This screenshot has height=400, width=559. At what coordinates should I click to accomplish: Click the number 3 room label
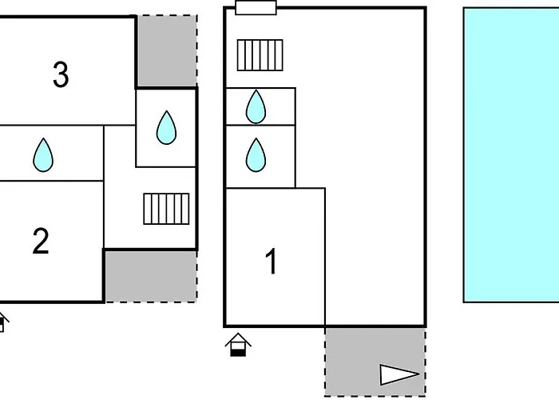click(61, 75)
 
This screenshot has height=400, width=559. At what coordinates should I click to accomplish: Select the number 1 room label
click(272, 261)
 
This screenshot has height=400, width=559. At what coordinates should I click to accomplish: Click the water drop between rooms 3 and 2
click(43, 154)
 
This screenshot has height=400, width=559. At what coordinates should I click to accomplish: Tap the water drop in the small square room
click(166, 127)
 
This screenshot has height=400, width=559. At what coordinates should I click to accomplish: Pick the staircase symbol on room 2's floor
click(166, 209)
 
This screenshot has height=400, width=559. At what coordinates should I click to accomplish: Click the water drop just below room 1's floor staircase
click(256, 106)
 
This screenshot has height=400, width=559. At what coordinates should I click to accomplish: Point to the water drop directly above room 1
click(256, 154)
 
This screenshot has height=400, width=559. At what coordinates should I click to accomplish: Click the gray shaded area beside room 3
click(166, 51)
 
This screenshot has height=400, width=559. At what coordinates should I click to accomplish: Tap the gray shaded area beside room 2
click(150, 276)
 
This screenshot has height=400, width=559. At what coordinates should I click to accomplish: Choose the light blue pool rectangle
click(511, 154)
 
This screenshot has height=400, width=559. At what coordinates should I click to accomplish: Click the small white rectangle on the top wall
click(256, 8)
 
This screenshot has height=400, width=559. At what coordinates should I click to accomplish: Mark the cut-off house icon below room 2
click(2, 322)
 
